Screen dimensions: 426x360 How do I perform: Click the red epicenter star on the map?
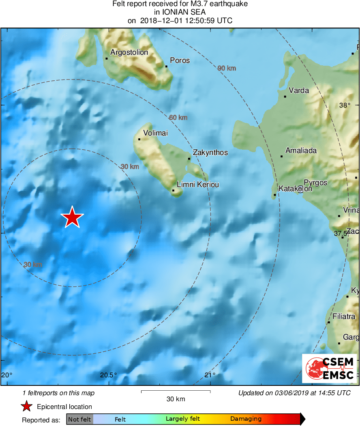point(72,217)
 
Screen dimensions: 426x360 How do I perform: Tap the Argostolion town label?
point(129,52)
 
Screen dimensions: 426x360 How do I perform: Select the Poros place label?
point(180,60)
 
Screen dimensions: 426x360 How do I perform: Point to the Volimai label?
point(156,133)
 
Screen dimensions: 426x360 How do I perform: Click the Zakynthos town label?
point(210,153)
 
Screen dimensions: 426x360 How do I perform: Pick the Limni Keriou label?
point(198,185)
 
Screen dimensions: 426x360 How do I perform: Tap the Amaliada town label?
point(301,151)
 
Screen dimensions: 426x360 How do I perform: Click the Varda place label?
point(299,90)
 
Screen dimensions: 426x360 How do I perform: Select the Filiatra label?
point(344,316)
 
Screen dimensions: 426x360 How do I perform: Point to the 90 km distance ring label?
point(227,68)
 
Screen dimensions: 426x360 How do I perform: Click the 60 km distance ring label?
point(178,118)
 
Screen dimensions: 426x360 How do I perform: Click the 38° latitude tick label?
point(345,105)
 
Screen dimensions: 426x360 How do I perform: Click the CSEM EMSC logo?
point(329,368)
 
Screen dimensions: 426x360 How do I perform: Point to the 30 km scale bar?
point(176,392)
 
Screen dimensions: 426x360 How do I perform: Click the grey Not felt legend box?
point(79,419)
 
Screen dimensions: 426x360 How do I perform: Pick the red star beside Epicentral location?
point(27,407)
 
